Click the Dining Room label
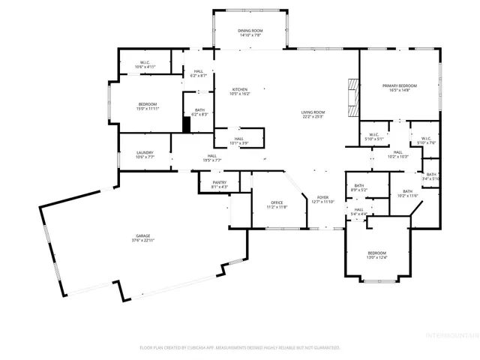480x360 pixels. point(250,33)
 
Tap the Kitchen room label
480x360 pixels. point(239,91)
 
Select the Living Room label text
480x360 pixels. point(313,114)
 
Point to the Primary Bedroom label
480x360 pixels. point(397,88)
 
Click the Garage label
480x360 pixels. point(143,238)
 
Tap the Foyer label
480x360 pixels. point(322,199)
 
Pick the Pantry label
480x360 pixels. point(219,184)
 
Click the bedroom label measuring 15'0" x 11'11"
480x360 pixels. point(147,106)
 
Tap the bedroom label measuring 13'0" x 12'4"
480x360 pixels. point(376,255)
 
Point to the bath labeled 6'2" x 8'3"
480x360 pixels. point(199,112)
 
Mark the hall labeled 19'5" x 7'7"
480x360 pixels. point(212,158)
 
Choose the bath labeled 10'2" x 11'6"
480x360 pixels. point(408,193)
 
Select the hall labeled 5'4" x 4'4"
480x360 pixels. point(358,211)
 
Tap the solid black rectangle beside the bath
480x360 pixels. point(187,124)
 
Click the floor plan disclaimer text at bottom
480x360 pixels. point(240,347)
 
